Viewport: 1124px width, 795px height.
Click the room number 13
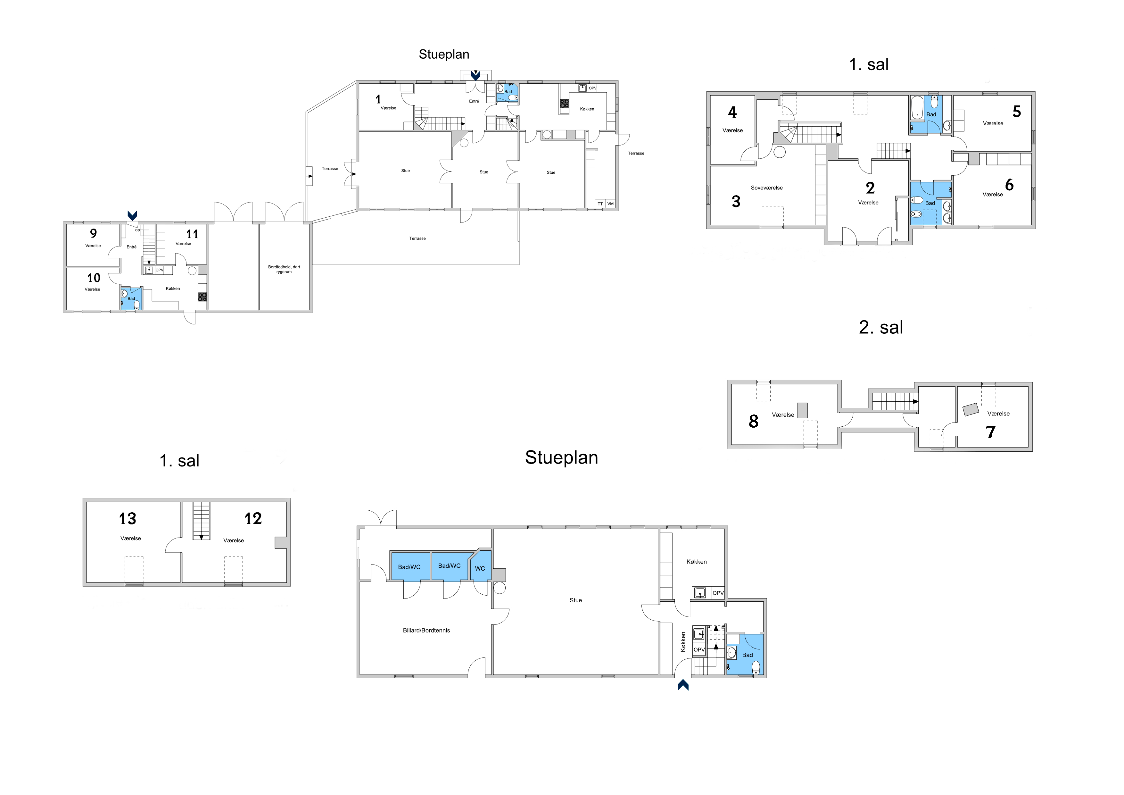127,518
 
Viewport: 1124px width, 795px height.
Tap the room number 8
753,421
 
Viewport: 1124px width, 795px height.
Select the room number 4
732,112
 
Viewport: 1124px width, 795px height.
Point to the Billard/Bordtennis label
426,631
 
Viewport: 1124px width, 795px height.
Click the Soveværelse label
767,188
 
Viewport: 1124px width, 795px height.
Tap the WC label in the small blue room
480,569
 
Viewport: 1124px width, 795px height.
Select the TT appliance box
600,203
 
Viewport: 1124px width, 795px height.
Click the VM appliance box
610,203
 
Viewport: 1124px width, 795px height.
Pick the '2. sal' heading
881,327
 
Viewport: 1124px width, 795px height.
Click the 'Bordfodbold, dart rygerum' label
284,269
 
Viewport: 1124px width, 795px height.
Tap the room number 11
192,234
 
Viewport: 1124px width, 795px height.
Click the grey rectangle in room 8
802,410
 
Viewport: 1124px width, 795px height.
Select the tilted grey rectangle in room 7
971,409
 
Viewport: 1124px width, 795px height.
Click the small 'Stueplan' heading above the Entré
444,54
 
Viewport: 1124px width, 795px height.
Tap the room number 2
870,188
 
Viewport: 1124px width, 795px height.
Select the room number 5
1017,112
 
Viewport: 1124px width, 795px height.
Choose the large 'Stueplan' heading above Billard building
561,457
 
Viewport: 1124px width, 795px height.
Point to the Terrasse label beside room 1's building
330,169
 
